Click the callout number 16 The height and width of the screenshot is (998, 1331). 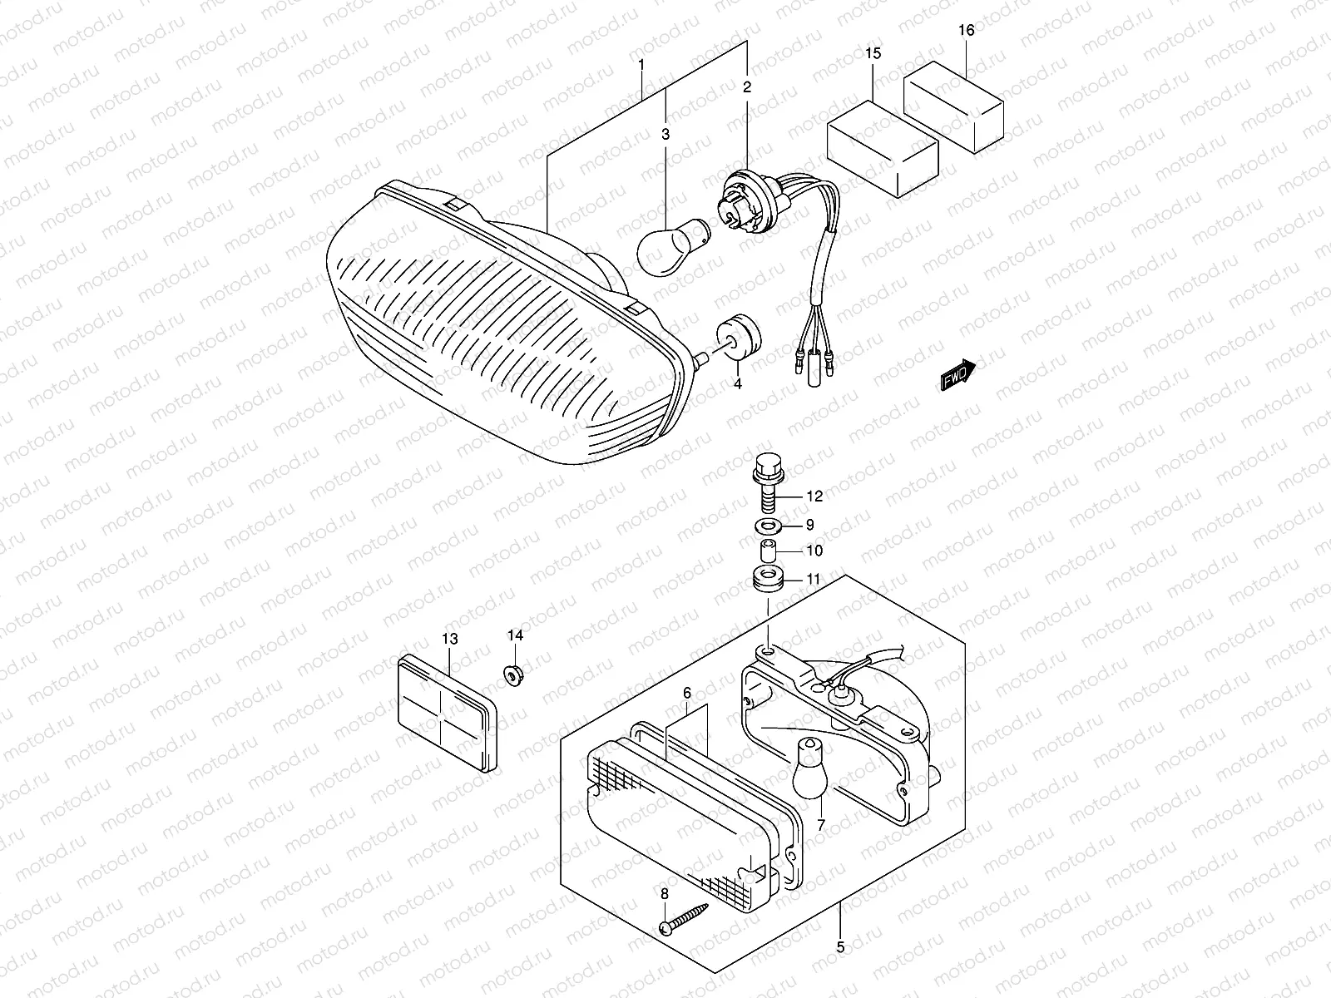coord(966,31)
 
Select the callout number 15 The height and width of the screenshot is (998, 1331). coord(872,53)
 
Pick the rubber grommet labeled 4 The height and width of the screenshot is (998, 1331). coord(740,338)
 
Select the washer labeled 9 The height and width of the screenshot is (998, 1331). coord(764,526)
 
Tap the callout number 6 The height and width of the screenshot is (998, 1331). coord(687,693)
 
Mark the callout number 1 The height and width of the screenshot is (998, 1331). coord(641,64)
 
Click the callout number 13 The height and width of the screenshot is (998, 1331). coord(449,640)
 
